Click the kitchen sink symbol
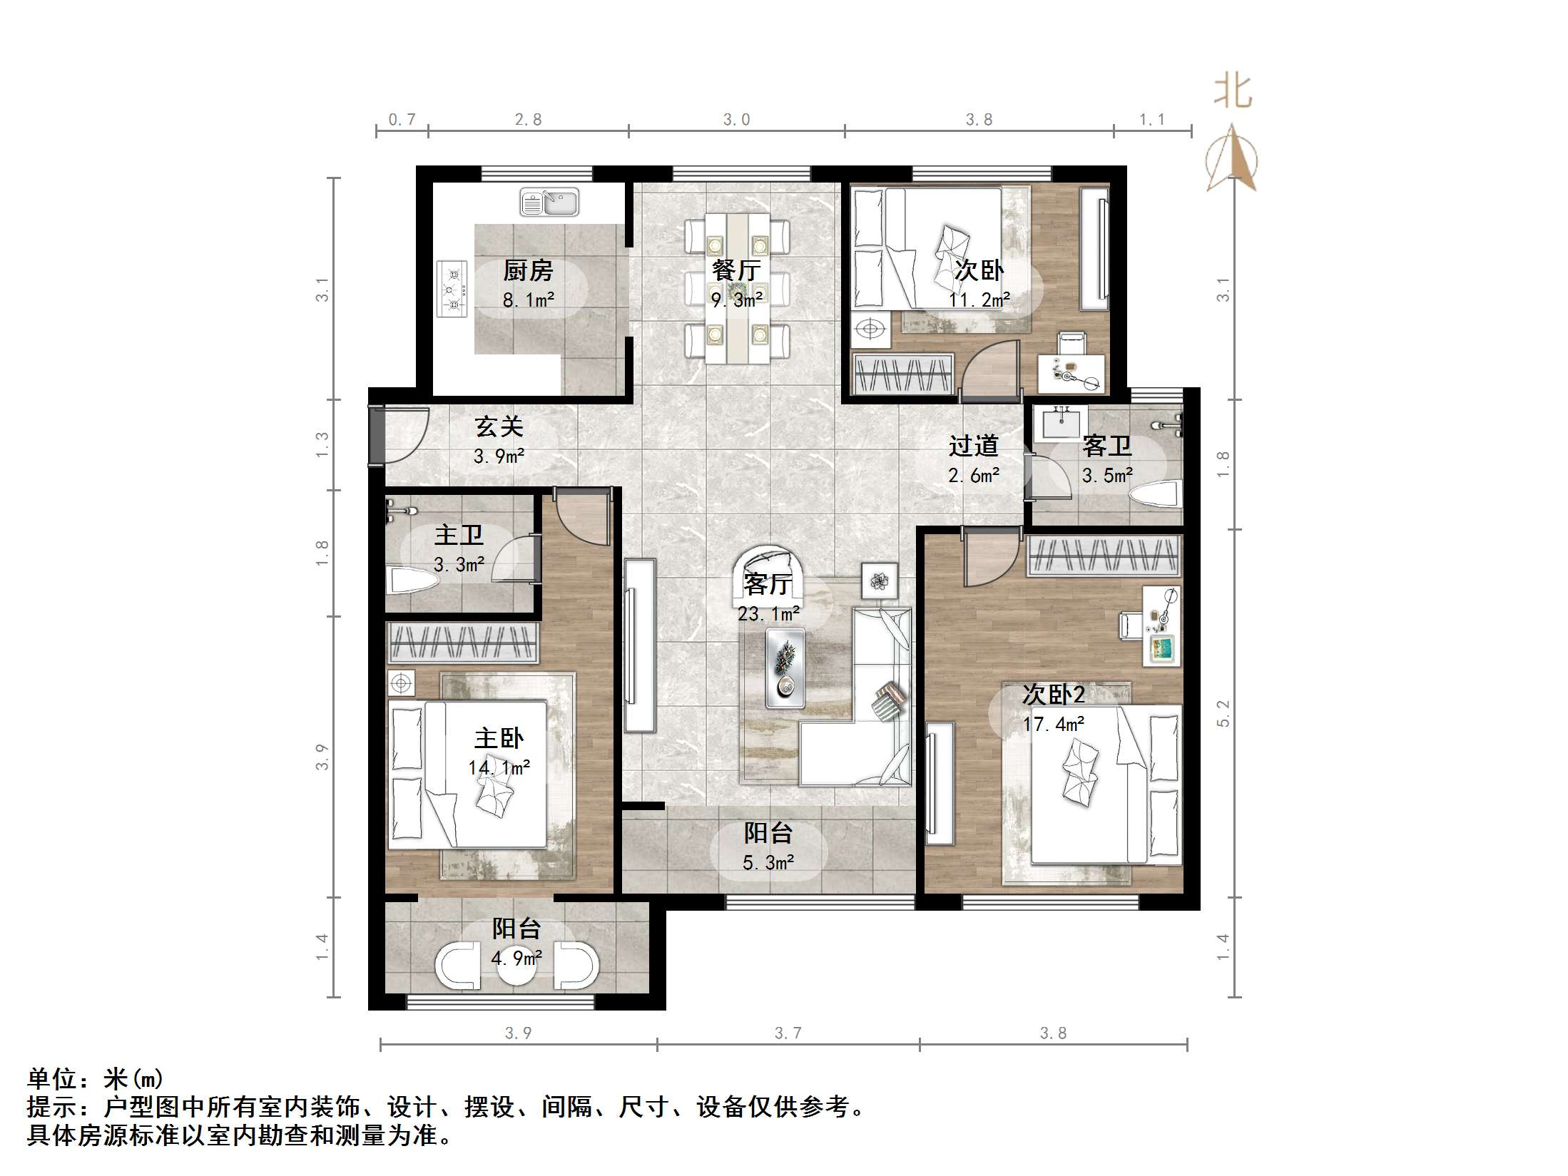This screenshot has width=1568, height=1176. (549, 203)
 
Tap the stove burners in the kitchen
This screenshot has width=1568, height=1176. (452, 289)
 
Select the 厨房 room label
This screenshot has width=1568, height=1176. (528, 271)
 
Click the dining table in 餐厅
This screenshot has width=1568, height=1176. (737, 289)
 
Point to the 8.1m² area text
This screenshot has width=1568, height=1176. (528, 300)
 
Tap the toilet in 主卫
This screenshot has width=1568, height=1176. (411, 581)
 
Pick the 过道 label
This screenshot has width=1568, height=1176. (973, 446)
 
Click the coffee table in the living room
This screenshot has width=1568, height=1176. (785, 668)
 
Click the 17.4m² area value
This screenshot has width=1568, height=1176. (1054, 725)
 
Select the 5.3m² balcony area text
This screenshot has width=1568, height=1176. (768, 863)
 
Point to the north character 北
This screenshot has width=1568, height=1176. (1233, 92)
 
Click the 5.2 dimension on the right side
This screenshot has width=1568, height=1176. (1223, 713)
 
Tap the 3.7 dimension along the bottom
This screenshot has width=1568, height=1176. (788, 1033)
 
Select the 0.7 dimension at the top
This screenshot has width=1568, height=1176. (402, 120)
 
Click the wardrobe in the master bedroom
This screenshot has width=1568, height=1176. (463, 643)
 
